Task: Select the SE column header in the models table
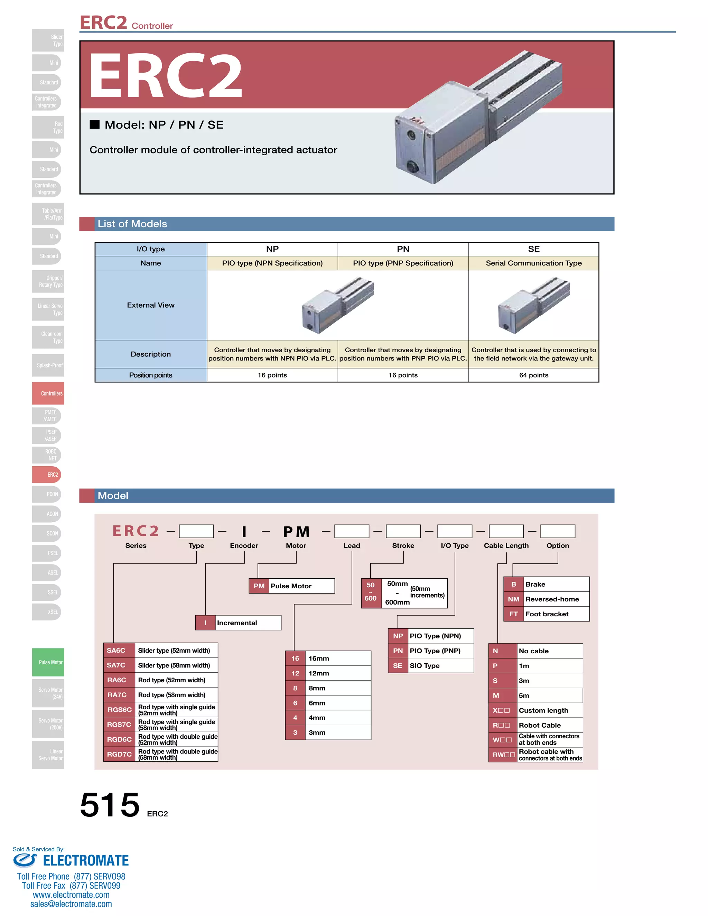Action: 533,249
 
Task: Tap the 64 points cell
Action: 533,375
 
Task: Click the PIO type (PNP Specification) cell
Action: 403,263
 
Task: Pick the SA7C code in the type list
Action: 116,665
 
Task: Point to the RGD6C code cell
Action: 119,739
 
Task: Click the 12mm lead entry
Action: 319,673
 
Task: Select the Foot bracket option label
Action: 547,614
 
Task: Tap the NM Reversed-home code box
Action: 513,599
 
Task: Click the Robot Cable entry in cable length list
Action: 539,725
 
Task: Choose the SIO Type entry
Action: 425,666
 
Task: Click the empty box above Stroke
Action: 403,531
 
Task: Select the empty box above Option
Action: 557,531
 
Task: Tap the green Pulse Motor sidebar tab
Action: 48,662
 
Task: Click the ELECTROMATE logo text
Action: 86,861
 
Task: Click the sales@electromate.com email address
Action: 71,904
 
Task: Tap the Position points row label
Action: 151,375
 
